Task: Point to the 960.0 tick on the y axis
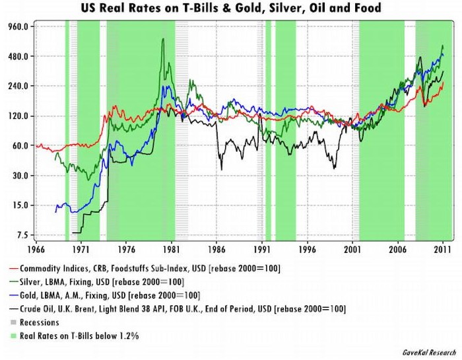pos(16,26)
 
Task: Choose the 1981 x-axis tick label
pos(171,251)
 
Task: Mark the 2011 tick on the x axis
pos(442,251)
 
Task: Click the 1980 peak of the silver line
pos(163,39)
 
